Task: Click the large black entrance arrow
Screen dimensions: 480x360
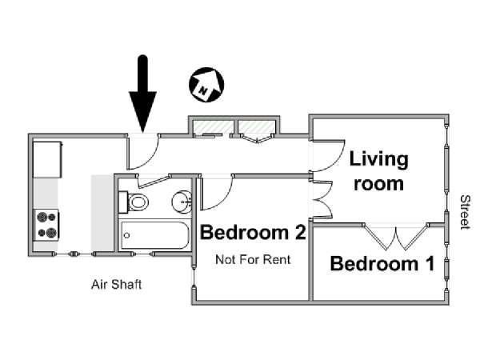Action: click(142, 95)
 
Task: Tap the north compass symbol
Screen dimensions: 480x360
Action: click(206, 85)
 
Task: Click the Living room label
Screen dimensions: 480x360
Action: click(379, 171)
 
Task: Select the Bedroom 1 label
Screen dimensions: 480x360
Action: click(382, 264)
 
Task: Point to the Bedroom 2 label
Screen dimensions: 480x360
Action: click(253, 232)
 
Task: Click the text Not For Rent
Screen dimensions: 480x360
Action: click(253, 260)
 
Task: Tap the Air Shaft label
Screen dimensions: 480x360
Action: click(117, 285)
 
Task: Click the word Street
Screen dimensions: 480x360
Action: click(465, 212)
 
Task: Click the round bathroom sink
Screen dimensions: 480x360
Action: click(182, 202)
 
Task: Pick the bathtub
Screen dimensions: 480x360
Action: click(155, 235)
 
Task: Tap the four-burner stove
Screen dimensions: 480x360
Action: click(46, 225)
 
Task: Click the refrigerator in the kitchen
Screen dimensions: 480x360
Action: click(47, 159)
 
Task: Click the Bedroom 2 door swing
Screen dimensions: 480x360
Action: click(216, 193)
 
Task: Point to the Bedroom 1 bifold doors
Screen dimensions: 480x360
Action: click(396, 238)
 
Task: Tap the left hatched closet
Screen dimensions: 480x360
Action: click(211, 127)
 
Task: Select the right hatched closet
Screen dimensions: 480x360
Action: click(257, 127)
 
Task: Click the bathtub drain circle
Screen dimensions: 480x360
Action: click(126, 235)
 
